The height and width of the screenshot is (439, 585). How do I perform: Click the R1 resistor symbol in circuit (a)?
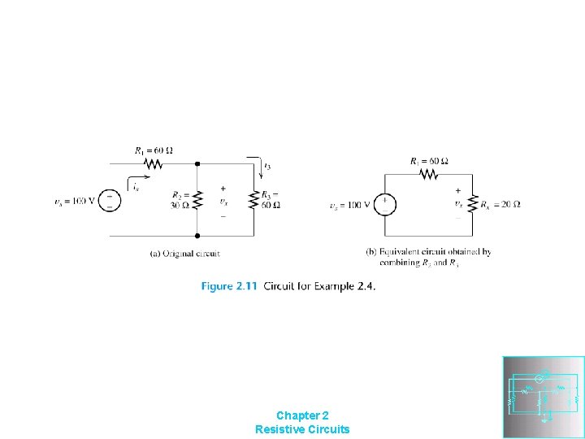coord(153,163)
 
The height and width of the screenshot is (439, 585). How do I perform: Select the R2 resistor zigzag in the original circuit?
coord(197,199)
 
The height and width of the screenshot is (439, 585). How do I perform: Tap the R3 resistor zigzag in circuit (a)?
coord(253,199)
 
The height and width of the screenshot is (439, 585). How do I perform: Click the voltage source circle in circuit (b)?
coord(385,204)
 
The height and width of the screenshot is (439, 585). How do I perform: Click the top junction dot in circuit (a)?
coord(197,163)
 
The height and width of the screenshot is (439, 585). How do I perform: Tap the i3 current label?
coord(268,166)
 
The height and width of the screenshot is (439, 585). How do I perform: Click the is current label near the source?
coord(136,188)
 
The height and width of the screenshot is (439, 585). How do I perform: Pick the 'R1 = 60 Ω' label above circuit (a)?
coord(154,150)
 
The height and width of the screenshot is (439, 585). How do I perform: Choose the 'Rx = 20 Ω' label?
coord(500,204)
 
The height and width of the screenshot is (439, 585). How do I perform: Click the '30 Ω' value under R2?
coord(180,205)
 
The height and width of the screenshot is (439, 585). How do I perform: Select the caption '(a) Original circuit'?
coord(185,254)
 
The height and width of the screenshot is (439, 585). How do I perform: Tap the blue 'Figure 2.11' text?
coord(229,286)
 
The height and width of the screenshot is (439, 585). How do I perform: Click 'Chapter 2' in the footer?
coord(302,415)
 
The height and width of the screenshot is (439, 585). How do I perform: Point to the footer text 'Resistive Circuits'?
coord(302,428)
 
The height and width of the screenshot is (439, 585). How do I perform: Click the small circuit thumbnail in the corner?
coord(544,397)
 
